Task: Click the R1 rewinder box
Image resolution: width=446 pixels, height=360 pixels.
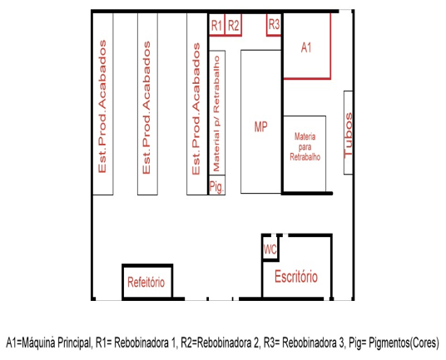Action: [x=216, y=25]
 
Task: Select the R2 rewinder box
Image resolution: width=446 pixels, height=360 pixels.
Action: [x=234, y=25]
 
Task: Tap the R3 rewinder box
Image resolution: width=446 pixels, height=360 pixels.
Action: [x=274, y=25]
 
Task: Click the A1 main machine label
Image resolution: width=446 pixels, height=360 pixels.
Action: [x=306, y=47]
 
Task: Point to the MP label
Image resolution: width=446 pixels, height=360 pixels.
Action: [x=260, y=127]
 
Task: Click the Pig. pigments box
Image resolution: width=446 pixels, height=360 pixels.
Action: [x=217, y=185]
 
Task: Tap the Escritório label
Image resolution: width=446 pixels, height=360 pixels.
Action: [x=296, y=277]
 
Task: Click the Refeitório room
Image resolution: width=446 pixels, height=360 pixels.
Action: [x=147, y=281]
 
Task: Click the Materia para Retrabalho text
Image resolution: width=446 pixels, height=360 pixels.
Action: [x=305, y=147]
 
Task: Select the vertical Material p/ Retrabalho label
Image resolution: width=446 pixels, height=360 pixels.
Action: [x=216, y=114]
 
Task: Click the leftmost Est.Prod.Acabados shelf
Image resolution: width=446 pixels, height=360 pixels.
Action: [x=103, y=104]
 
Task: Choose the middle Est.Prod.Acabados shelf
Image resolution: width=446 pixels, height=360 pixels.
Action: [x=147, y=104]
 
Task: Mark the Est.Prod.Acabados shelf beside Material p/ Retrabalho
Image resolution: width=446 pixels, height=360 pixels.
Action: [x=197, y=104]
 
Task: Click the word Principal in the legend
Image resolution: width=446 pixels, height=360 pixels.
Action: [x=74, y=343]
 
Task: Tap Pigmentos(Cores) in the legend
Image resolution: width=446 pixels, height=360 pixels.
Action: [x=404, y=343]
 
